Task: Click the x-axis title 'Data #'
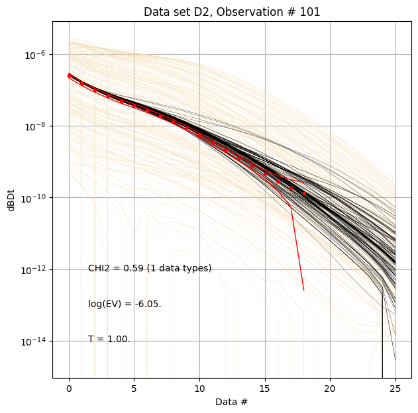(x=232, y=402)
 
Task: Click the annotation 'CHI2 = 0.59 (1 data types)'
(x=150, y=268)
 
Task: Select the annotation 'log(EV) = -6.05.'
(x=125, y=304)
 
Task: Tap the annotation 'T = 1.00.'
(x=109, y=339)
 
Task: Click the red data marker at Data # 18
(x=304, y=194)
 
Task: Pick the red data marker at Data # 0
(x=69, y=76)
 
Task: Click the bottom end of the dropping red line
(x=304, y=290)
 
